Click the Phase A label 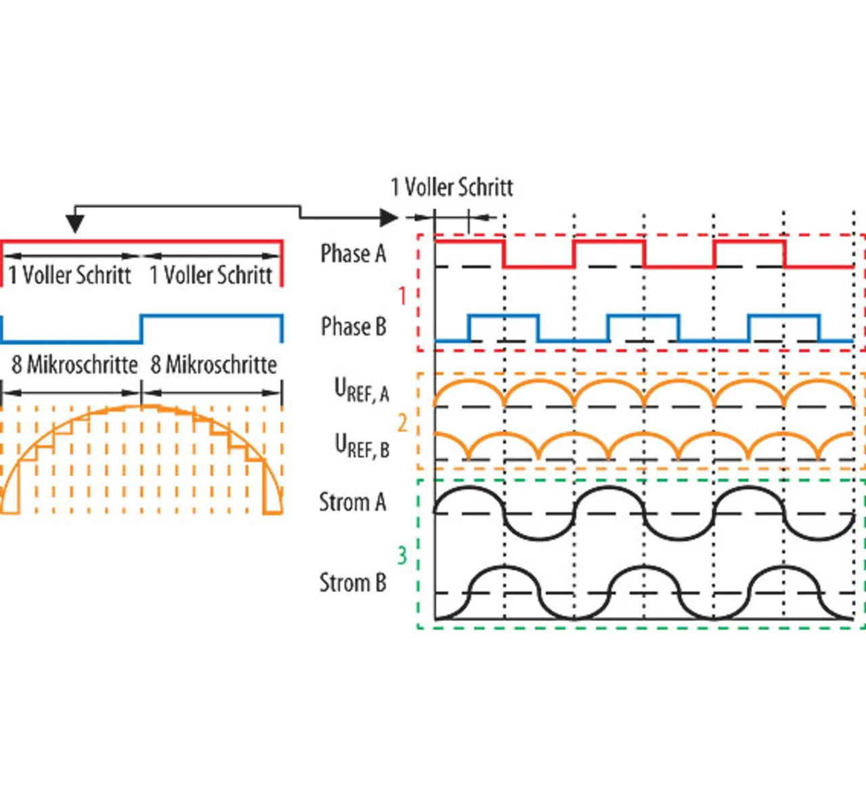click(x=353, y=254)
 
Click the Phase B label click(x=353, y=327)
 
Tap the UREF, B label click(x=362, y=445)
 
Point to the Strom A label click(x=352, y=503)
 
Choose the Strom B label click(x=352, y=582)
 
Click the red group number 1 click(x=402, y=296)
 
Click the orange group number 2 click(x=402, y=423)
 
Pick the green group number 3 click(x=402, y=555)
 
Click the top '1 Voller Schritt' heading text click(x=452, y=187)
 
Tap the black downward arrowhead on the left click(x=75, y=223)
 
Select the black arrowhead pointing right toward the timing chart click(x=388, y=218)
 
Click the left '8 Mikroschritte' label click(x=74, y=365)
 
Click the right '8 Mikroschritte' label click(x=214, y=365)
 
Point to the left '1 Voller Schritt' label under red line click(x=70, y=275)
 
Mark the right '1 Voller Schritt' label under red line click(x=210, y=275)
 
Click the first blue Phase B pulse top click(x=503, y=316)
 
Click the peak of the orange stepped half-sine click(x=141, y=406)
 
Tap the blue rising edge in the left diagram click(x=141, y=329)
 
